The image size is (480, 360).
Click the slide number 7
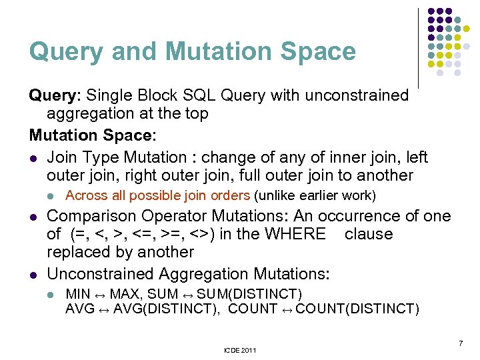pyautogui.click(x=461, y=343)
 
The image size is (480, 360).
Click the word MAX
pyautogui.click(x=125, y=294)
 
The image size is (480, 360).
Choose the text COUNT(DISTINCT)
pyautogui.click(x=357, y=309)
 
